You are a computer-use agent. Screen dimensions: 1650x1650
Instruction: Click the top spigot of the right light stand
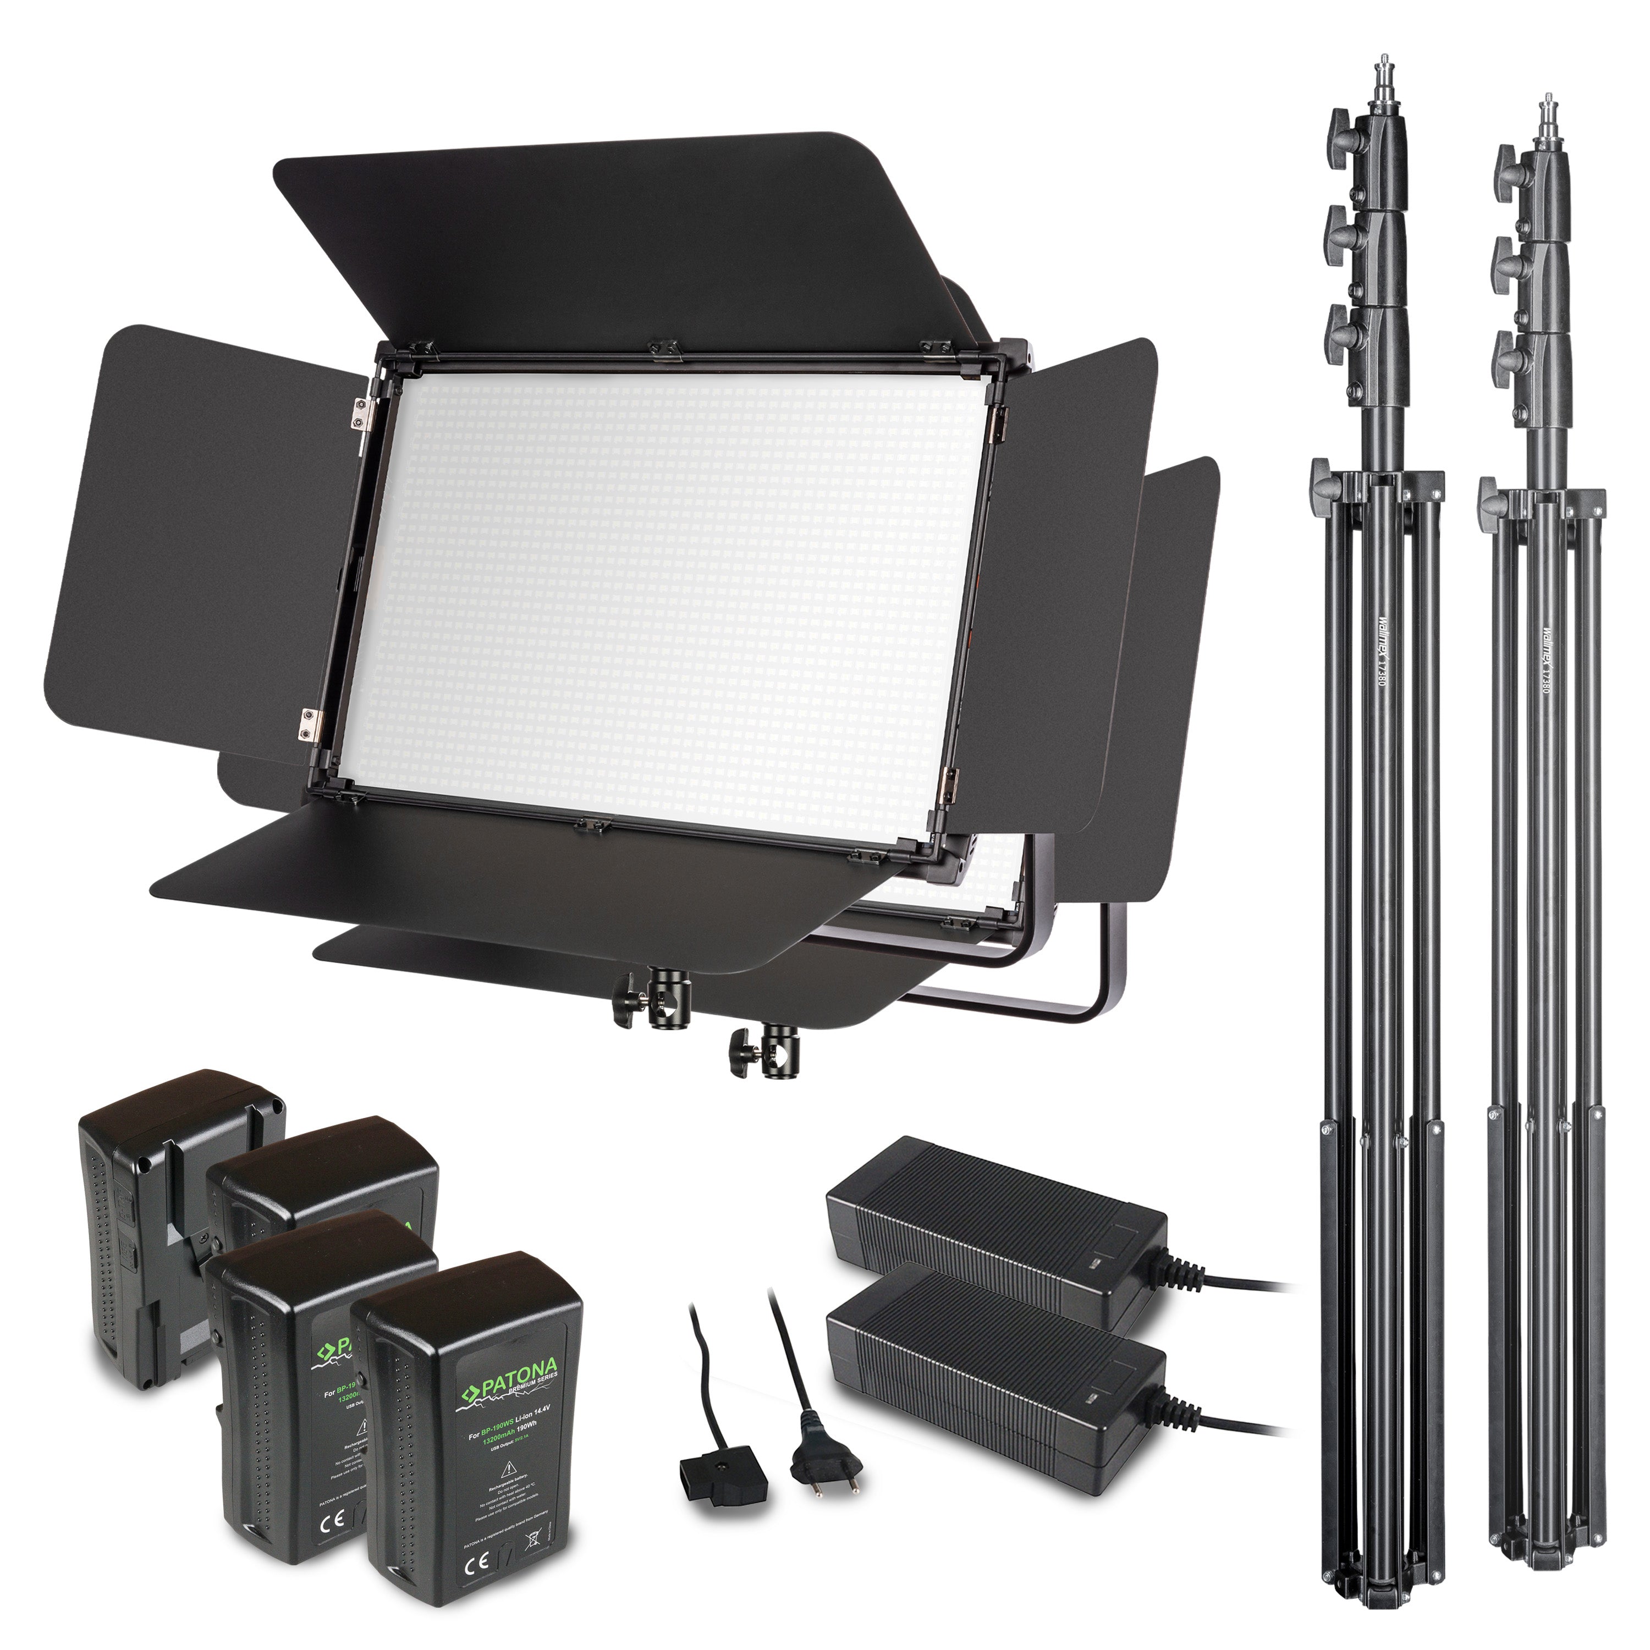point(1543,124)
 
